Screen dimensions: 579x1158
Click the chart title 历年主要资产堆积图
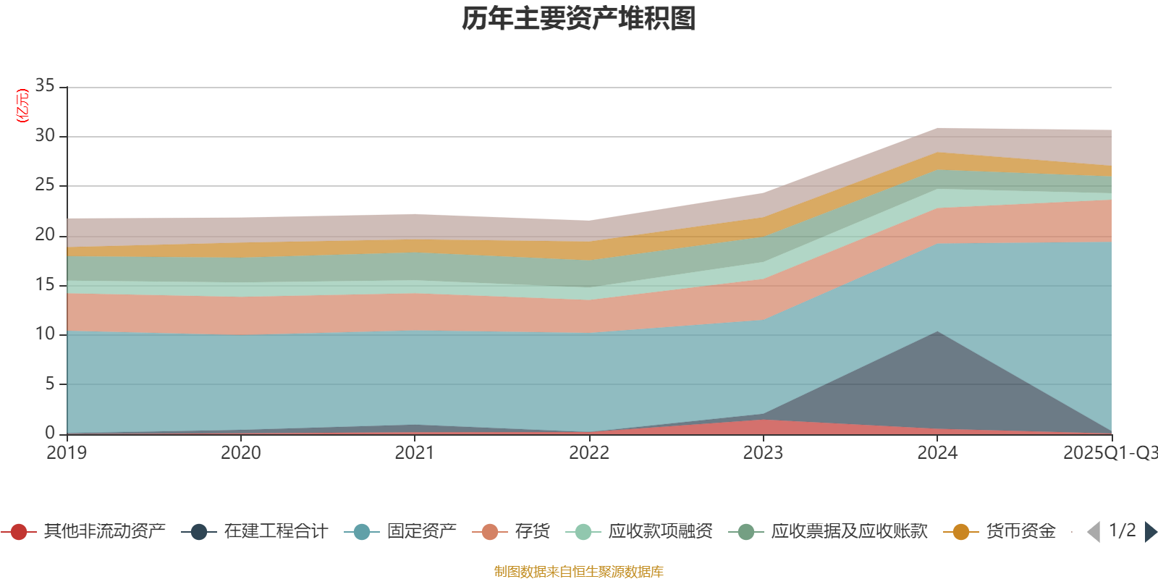579,19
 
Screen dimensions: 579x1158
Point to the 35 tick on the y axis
45,86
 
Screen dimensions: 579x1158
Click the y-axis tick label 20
45,234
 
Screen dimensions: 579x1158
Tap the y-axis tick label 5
49,384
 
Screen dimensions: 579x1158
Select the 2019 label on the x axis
67,453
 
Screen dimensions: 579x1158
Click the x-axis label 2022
589,453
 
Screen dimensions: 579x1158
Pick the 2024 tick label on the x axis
937,453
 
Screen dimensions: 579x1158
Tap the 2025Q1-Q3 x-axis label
1109,453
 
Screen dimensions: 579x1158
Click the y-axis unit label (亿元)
22,106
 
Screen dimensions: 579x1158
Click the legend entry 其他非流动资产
104,532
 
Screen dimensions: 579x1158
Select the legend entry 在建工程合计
275,532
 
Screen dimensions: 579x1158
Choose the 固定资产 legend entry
421,532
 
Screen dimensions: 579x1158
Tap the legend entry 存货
532,532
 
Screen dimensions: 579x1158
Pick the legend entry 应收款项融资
660,532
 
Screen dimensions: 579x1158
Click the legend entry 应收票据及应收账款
848,532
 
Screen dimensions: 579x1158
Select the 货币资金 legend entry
1020,532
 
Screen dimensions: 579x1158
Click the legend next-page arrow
1150,532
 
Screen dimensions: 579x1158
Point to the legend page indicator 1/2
1122,531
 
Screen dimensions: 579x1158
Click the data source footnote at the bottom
579,572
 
